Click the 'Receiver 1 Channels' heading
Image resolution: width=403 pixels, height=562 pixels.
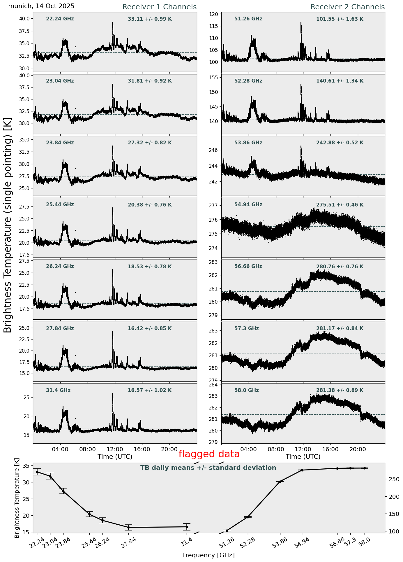(x=159, y=7)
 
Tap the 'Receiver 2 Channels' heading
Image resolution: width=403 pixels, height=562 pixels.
(x=347, y=7)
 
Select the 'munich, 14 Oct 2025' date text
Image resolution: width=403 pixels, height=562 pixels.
(x=41, y=6)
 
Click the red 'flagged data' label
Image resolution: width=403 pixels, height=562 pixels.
(x=209, y=454)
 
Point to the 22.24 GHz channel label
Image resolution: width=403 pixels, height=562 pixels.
(x=60, y=19)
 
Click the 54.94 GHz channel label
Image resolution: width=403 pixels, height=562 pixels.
(x=248, y=205)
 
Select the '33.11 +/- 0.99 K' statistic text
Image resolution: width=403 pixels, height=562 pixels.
(x=150, y=19)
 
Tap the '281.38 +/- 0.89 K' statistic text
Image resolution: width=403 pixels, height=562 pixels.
(x=340, y=391)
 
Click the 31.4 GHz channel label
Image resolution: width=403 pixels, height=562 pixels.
(x=58, y=391)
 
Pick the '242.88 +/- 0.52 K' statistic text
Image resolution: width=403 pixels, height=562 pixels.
(x=340, y=143)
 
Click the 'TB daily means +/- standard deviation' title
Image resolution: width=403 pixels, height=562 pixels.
(x=208, y=468)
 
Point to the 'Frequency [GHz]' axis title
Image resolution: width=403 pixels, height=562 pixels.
(x=208, y=555)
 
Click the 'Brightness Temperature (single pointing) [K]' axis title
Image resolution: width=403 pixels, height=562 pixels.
(x=8, y=225)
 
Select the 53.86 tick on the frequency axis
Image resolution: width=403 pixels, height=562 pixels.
(x=280, y=543)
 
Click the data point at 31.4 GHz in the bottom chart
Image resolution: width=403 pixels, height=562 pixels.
(x=187, y=527)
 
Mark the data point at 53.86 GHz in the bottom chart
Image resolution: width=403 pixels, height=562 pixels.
(x=280, y=482)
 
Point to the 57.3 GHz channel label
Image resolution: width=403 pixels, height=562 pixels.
(x=246, y=329)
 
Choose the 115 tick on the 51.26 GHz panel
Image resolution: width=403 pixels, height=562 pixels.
(x=215, y=26)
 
